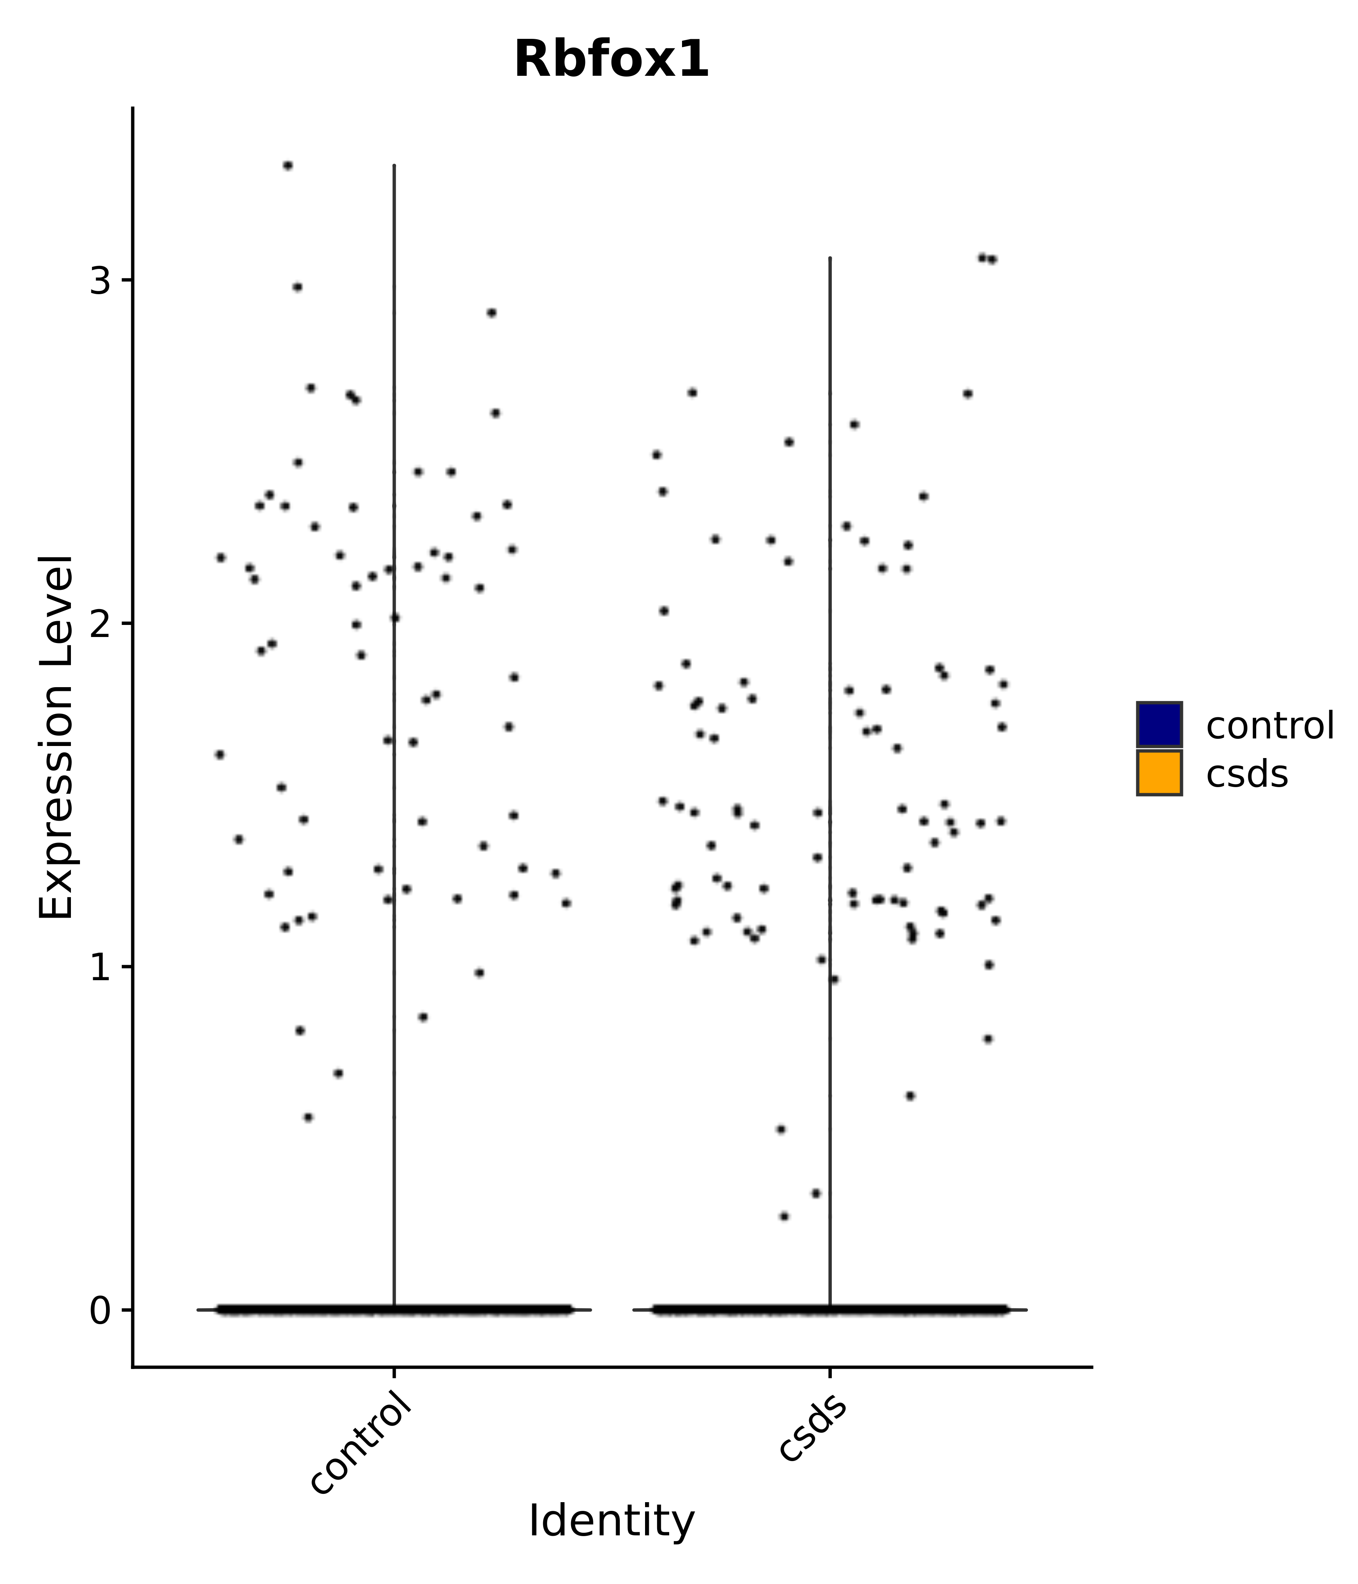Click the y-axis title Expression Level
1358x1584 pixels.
tap(57, 738)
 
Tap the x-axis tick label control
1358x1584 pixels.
tap(361, 1450)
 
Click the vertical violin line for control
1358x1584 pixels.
tap(394, 688)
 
